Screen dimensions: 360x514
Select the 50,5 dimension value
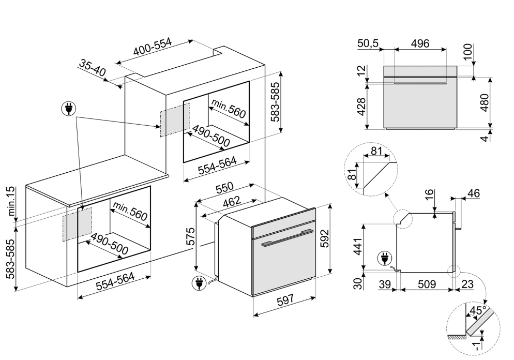(x=367, y=43)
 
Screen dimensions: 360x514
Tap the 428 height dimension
(x=361, y=107)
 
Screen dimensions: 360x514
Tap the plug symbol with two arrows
(x=68, y=109)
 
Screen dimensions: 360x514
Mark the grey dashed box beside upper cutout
(x=174, y=120)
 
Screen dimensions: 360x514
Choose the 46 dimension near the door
(x=473, y=193)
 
